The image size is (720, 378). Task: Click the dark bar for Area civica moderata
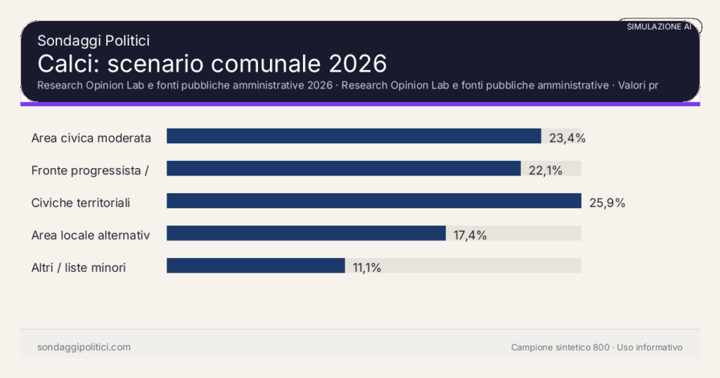354,136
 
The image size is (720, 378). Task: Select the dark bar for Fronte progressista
343,169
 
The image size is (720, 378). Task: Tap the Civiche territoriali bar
373,201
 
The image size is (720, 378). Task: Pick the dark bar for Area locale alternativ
306,233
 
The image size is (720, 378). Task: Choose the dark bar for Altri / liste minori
255,266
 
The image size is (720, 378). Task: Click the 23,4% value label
567,138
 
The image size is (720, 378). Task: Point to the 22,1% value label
546,170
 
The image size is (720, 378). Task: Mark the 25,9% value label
607,203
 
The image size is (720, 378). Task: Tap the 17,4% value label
470,235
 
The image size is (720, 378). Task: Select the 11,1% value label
367,268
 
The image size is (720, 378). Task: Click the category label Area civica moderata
91,138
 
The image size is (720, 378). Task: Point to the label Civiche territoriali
81,203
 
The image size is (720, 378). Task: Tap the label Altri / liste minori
79,268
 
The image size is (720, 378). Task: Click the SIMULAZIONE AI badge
659,27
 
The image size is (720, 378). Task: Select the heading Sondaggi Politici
94,41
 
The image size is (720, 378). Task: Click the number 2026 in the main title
357,63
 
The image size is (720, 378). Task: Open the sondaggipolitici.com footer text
84,347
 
